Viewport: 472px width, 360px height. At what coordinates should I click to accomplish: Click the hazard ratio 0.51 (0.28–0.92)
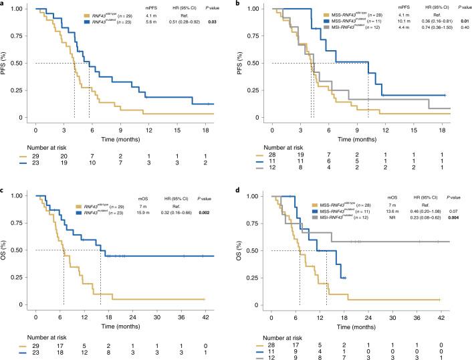(180, 22)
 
